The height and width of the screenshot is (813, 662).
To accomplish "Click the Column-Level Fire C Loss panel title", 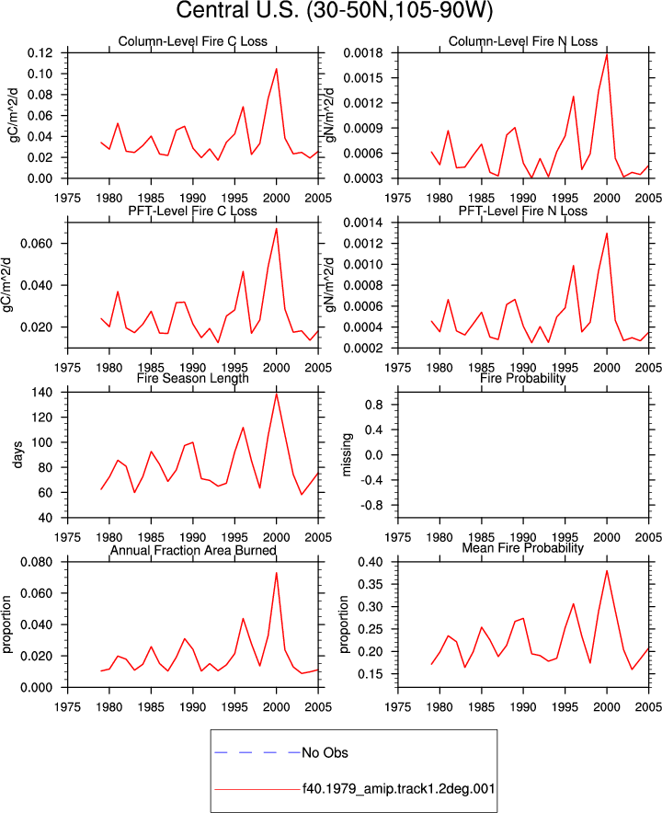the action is (193, 41).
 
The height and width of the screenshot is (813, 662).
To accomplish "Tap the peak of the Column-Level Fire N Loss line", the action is (607, 54).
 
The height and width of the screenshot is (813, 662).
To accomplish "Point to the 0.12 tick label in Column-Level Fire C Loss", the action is (40, 53).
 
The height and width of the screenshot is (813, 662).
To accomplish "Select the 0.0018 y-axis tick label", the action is (363, 53).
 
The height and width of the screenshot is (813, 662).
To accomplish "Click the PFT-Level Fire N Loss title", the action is (523, 211).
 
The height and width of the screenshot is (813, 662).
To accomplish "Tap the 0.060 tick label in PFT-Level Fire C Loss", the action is (36, 244).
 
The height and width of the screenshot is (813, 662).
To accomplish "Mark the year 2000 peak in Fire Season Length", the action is (277, 394).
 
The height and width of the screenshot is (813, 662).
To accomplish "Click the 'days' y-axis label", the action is (18, 454).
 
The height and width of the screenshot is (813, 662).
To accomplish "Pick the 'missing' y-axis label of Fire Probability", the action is (347, 454).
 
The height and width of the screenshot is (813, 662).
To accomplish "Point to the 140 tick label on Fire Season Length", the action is (42, 393).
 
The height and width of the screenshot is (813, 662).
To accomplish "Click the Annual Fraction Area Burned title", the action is (193, 550).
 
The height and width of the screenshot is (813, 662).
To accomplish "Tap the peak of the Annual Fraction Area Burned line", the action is (277, 573).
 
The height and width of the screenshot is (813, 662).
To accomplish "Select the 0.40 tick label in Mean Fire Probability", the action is (371, 562).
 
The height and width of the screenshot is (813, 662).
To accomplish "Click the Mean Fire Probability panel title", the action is (522, 548).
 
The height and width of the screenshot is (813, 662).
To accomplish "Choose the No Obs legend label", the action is (325, 753).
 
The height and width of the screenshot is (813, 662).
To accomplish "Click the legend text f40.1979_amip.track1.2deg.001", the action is (399, 789).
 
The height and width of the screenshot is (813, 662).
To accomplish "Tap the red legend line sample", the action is (257, 790).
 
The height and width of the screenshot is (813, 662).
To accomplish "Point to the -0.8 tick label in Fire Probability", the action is (371, 506).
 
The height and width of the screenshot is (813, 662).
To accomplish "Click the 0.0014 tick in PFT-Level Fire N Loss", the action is (363, 223).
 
